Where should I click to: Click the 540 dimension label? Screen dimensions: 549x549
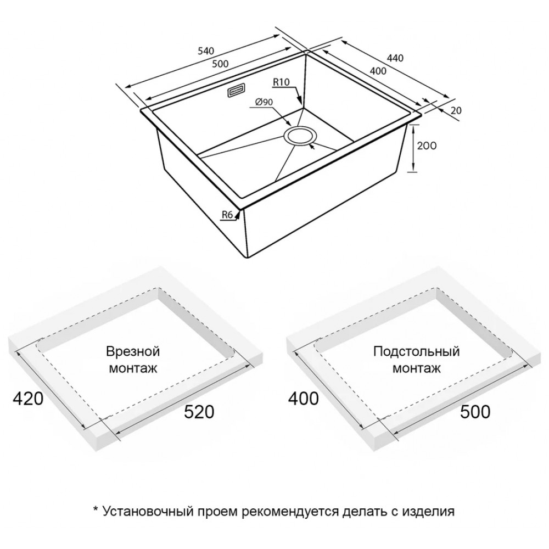point(206,51)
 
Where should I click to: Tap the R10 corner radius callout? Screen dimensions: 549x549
point(281,82)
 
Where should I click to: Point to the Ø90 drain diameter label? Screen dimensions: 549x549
point(265,102)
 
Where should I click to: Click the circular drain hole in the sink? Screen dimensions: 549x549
point(301,136)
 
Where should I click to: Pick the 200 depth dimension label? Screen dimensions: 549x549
point(427,145)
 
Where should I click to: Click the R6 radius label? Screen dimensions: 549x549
point(227,215)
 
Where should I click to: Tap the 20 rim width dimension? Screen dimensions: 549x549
point(456,111)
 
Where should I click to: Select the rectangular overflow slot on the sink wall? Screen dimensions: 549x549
point(236,91)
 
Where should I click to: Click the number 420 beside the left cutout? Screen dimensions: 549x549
point(28,399)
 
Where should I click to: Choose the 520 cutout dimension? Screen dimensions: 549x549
point(199,412)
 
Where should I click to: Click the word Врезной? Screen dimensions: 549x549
point(133,351)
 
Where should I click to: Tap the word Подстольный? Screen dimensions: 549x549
point(416,351)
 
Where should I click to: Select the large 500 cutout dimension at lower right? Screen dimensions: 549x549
point(475,412)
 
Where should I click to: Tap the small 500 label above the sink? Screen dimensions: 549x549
point(220,64)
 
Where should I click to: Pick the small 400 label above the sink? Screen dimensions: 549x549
point(378,71)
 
